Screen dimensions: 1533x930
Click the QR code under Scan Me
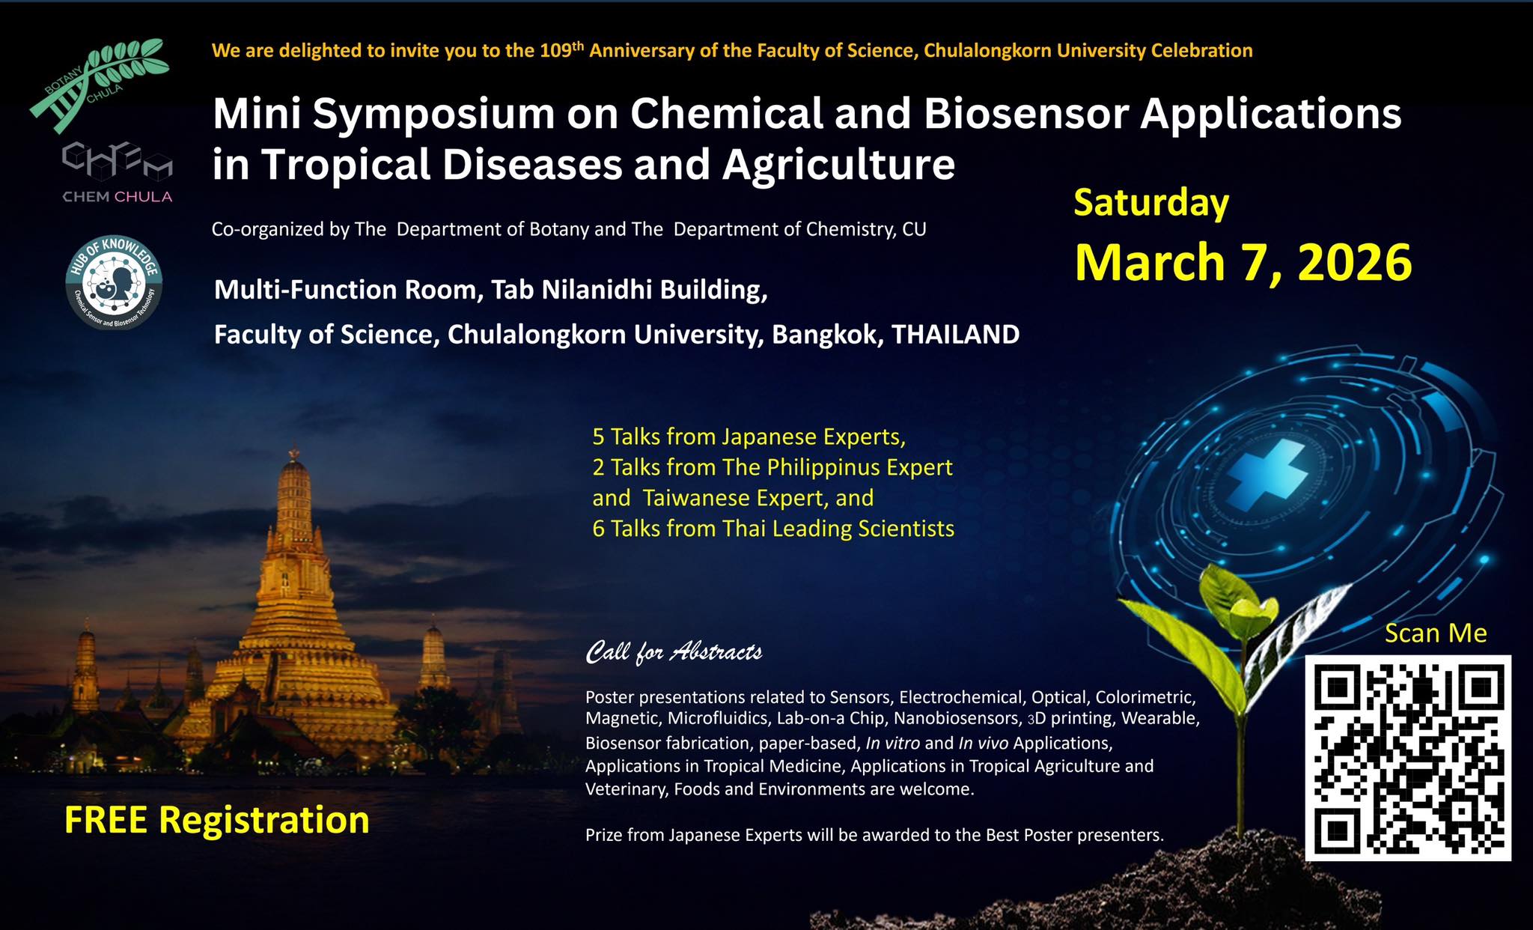[x=1408, y=758]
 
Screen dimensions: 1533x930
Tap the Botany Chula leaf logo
[x=100, y=85]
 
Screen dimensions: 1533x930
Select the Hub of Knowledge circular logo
[x=114, y=283]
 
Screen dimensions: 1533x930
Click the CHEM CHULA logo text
[x=118, y=197]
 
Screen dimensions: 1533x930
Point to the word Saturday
[x=1151, y=204]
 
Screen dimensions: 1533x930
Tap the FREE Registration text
[x=217, y=820]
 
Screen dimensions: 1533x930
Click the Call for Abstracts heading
[x=674, y=652]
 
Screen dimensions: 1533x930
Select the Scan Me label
[x=1436, y=633]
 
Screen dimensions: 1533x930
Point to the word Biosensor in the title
[x=1025, y=114]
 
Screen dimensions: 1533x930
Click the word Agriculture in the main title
[x=838, y=165]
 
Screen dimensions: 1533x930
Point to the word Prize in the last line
[x=604, y=835]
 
